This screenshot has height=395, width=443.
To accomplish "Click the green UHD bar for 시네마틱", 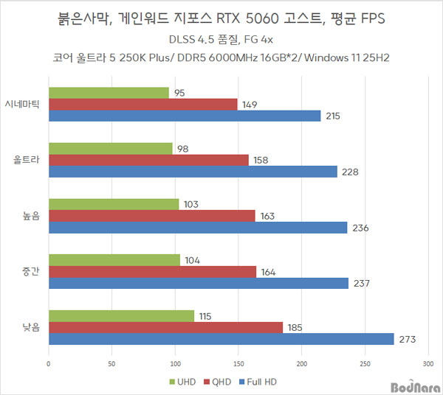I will coord(109,93).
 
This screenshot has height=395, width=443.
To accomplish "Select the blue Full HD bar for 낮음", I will coord(221,339).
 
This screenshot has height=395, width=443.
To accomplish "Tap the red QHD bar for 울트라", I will coord(148,160).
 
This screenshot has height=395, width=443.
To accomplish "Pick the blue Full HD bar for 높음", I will coord(197,228).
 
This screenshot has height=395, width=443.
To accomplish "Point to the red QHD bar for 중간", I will coord(152,272).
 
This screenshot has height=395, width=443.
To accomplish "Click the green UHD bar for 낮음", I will coord(121,315).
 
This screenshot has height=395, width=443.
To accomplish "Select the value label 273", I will coord(408,340).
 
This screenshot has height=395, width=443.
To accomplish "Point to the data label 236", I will coord(360,228).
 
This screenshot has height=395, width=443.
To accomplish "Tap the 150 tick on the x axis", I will coord(238,363).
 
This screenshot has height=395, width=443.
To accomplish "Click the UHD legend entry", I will coord(185,382).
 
